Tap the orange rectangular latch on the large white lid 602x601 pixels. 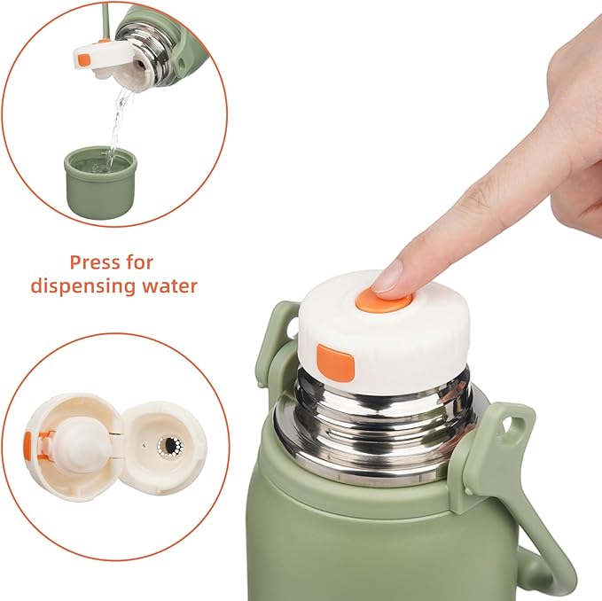[335, 363]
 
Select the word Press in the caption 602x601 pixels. [95, 263]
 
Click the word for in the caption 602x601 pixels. [139, 262]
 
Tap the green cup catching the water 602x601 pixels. [100, 182]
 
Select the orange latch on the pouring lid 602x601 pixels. [83, 60]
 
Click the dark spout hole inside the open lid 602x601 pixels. [169, 446]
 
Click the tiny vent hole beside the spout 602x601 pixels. [145, 446]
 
